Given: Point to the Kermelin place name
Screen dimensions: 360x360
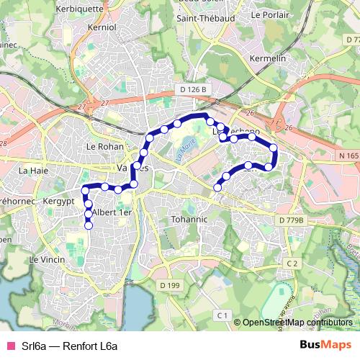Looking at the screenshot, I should point(267,57).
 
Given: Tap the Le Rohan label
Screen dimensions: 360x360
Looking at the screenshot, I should point(105,146).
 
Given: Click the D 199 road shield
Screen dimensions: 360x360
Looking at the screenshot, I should point(169,285).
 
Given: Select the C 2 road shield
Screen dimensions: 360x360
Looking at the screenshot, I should point(291,264).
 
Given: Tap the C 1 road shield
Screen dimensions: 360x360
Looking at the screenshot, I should point(222,315).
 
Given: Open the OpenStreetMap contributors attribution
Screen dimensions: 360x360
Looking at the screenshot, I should point(297,323).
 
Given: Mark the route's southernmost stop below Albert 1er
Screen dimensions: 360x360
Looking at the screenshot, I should point(89,226).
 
